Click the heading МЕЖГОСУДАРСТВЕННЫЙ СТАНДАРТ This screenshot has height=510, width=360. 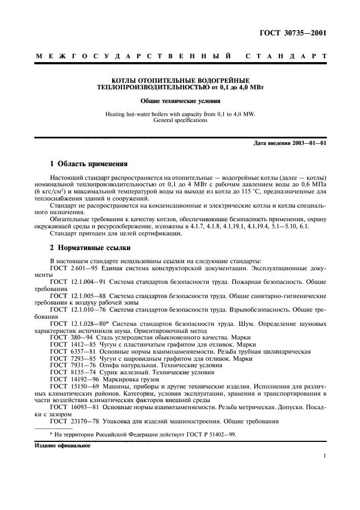180,56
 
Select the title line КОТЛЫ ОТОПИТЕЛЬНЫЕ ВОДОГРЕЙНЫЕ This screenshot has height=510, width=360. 180,80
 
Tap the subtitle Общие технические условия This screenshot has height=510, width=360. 180,101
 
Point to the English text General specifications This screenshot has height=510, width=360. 180,120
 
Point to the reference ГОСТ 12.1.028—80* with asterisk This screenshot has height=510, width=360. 79,324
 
